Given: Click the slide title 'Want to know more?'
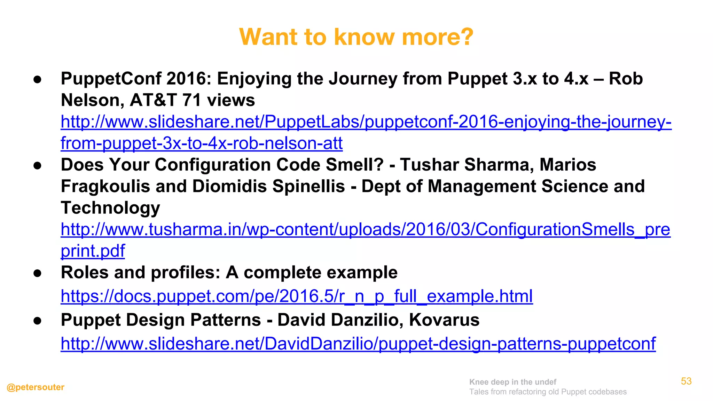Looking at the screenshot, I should click(x=356, y=37).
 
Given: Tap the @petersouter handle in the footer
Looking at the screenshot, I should click(x=36, y=387).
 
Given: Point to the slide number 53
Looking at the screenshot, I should click(x=686, y=381).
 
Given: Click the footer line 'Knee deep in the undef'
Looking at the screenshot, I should click(x=512, y=382).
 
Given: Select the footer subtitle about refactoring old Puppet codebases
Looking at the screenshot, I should click(x=548, y=392).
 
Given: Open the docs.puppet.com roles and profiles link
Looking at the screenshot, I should click(x=297, y=296).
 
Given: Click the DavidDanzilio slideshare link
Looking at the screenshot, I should click(x=358, y=344).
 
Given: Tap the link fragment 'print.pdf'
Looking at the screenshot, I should click(x=93, y=251).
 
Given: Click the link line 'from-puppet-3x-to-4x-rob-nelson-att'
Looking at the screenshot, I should click(x=202, y=143).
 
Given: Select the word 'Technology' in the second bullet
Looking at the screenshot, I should click(x=110, y=208).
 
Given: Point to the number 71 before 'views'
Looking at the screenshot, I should click(x=192, y=100).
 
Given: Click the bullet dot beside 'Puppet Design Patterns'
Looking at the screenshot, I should click(x=38, y=321).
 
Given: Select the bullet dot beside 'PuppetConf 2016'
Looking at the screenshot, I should click(x=38, y=79).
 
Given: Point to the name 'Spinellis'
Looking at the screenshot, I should click(x=308, y=186).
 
